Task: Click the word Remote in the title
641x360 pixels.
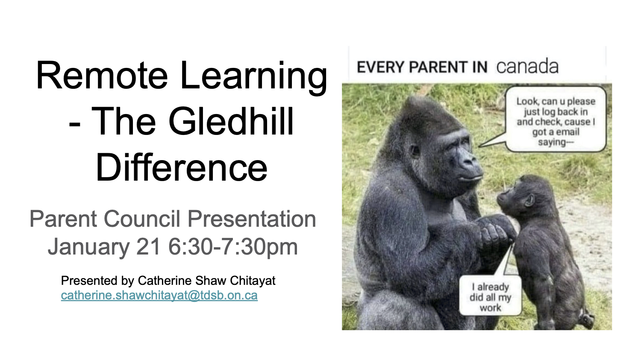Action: [x=102, y=76]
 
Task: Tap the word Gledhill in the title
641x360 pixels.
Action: [x=231, y=121]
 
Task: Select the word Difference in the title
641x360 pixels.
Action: [x=182, y=167]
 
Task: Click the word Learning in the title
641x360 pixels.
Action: [x=253, y=78]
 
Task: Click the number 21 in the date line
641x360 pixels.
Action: [x=148, y=247]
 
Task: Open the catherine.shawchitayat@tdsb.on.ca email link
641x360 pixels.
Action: [x=159, y=296]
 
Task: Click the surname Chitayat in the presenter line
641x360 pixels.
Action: [x=253, y=281]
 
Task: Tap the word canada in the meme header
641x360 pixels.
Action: [x=527, y=67]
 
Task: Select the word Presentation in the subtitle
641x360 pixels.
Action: [x=252, y=219]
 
